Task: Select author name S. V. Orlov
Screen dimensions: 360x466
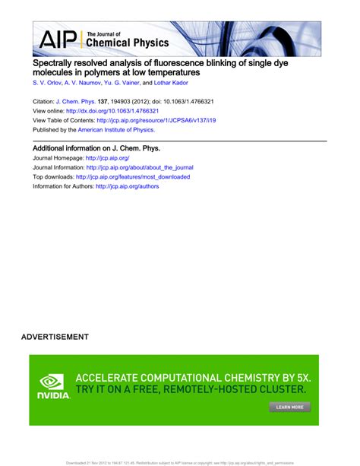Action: (46, 82)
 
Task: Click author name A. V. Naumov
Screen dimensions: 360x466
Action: (85, 82)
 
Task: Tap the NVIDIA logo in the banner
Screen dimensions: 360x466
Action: (53, 386)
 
